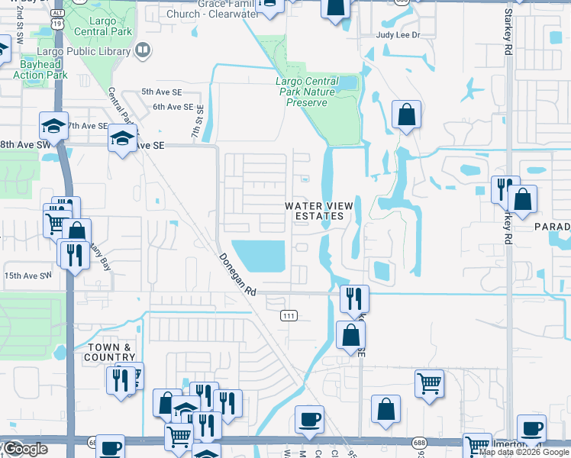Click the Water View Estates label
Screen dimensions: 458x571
[x=315, y=211]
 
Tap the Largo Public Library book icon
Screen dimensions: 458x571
[x=141, y=50]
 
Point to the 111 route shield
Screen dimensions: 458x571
[x=288, y=316]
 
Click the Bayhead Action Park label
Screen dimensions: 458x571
[x=40, y=70]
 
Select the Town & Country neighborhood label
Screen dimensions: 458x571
[x=109, y=352]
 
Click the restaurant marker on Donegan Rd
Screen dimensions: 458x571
[x=353, y=298]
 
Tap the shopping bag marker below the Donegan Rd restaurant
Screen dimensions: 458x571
[x=350, y=334]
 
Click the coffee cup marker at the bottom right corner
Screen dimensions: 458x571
[x=531, y=428]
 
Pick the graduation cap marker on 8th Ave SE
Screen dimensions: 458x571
[x=122, y=138]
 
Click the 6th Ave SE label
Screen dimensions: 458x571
[x=170, y=107]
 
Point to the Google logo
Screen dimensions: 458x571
[x=24, y=449]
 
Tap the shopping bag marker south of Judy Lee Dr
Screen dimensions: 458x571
[x=407, y=115]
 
